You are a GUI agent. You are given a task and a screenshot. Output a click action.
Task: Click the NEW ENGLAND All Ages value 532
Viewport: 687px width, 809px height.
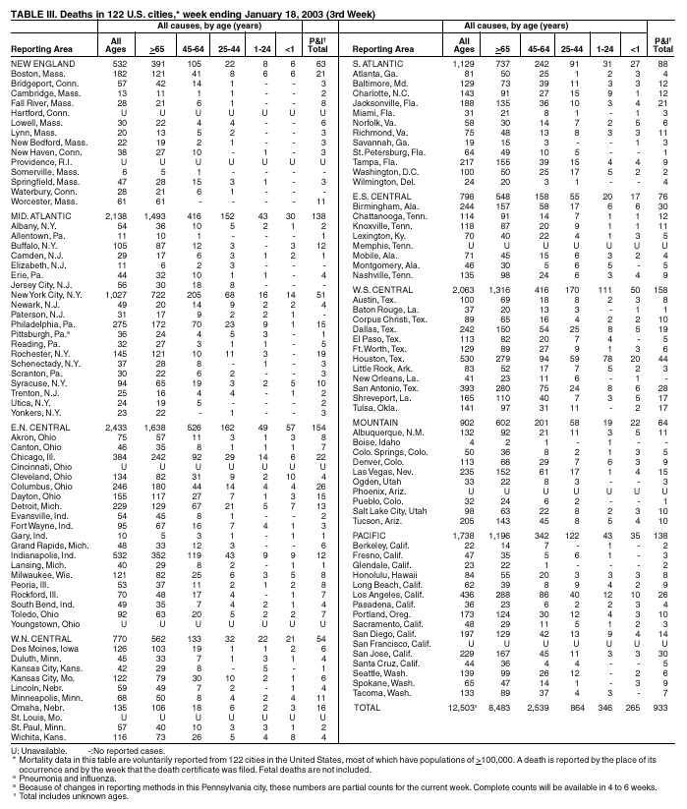coord(118,62)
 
